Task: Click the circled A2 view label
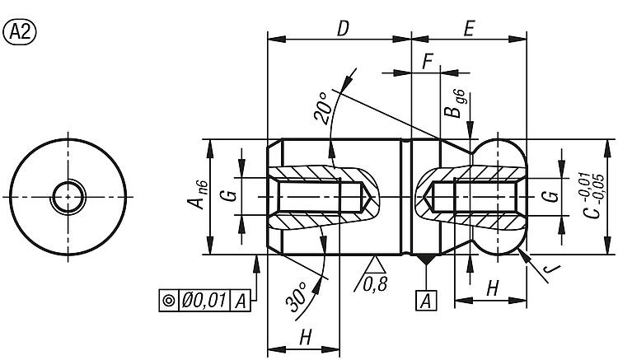point(19,33)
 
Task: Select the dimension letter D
point(344,29)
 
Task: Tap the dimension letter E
point(469,29)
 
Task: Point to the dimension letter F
point(427,62)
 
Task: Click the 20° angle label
point(322,108)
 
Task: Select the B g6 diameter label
point(454,104)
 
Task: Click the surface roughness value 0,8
point(375,284)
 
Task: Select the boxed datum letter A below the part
point(426,302)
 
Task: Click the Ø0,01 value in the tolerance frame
point(204,301)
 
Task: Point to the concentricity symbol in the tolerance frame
point(169,301)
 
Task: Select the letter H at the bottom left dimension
point(306,337)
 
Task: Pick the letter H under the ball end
point(492,288)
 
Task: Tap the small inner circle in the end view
point(68,197)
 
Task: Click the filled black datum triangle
point(426,259)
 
